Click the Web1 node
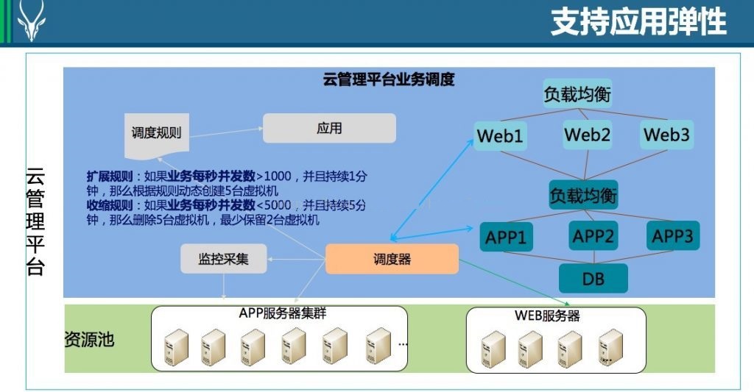pyautogui.click(x=500, y=136)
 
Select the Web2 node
pyautogui.click(x=587, y=135)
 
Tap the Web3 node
pyautogui.click(x=666, y=135)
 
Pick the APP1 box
pyautogui.click(x=506, y=237)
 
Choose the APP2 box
pyautogui.click(x=593, y=235)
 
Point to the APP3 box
pyautogui.click(x=673, y=235)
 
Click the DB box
pyautogui.click(x=593, y=278)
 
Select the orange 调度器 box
pyautogui.click(x=392, y=259)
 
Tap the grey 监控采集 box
pyautogui.click(x=224, y=259)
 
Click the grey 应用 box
pyautogui.click(x=329, y=128)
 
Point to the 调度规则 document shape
pyautogui.click(x=157, y=135)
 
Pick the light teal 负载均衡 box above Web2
pyautogui.click(x=577, y=93)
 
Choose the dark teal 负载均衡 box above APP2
pyautogui.click(x=583, y=195)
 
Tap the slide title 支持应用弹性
pyautogui.click(x=638, y=21)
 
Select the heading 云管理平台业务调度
pyautogui.click(x=389, y=79)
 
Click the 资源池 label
pyautogui.click(x=89, y=340)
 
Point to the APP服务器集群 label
pyautogui.click(x=283, y=313)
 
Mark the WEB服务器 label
pyautogui.click(x=547, y=316)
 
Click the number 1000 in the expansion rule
pyautogui.click(x=278, y=177)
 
